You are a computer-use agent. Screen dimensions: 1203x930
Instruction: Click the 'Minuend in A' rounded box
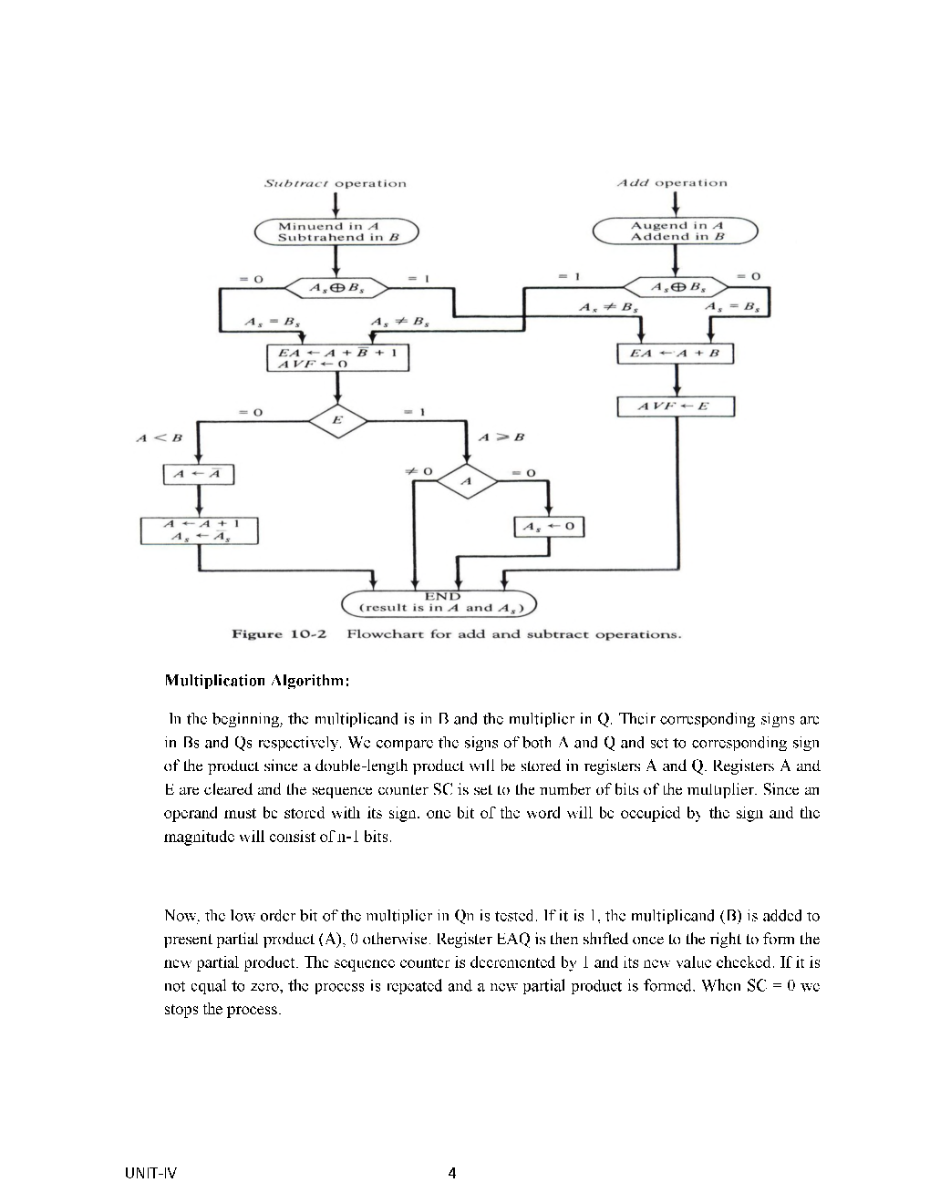click(x=336, y=231)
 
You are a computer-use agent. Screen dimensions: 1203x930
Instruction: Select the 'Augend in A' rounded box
click(x=676, y=231)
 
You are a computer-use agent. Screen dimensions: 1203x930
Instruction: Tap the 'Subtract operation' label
click(x=335, y=183)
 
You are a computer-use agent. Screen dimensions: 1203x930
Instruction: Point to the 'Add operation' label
click(x=672, y=182)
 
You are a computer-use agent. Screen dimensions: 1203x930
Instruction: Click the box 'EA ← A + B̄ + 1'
click(x=337, y=357)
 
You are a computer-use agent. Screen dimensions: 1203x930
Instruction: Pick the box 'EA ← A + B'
click(x=676, y=353)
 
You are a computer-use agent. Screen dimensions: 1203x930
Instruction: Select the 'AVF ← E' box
click(x=676, y=406)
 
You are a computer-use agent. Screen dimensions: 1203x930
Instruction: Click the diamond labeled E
click(x=337, y=421)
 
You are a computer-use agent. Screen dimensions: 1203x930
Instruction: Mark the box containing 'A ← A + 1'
click(x=199, y=530)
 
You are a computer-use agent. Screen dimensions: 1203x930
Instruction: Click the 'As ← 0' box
click(x=548, y=527)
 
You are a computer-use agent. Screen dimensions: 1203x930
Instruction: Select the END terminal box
click(x=439, y=602)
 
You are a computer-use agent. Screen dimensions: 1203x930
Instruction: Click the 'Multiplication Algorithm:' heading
click(x=256, y=680)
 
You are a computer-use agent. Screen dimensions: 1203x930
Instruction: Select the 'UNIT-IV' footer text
click(x=150, y=1173)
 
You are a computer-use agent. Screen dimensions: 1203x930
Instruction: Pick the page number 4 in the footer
click(x=451, y=1173)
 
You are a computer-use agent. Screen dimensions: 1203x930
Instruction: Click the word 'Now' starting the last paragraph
click(x=178, y=915)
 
